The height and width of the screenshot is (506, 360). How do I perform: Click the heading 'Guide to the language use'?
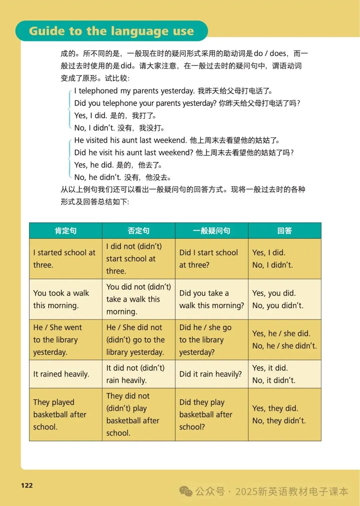[111, 31]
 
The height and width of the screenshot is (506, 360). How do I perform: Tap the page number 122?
[27, 485]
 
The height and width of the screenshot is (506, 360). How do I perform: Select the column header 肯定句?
[66, 230]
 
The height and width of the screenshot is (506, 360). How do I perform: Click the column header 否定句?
[138, 230]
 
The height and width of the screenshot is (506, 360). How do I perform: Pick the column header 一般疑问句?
[211, 230]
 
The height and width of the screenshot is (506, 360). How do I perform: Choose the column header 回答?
[284, 230]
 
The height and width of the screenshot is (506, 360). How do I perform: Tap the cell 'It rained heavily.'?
[61, 374]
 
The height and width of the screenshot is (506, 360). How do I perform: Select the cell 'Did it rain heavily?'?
[210, 374]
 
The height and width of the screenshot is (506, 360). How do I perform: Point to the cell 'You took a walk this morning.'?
[61, 299]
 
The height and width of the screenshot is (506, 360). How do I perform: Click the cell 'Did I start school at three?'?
[209, 259]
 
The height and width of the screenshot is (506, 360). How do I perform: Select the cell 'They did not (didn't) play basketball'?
[133, 414]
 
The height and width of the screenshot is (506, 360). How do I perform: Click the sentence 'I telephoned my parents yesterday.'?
[134, 91]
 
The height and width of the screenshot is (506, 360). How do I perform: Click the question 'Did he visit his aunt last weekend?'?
[134, 153]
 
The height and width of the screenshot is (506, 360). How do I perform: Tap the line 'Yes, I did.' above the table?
[90, 116]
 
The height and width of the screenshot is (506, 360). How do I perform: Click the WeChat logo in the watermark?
[186, 491]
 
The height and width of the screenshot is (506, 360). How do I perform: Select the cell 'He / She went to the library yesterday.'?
[57, 340]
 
